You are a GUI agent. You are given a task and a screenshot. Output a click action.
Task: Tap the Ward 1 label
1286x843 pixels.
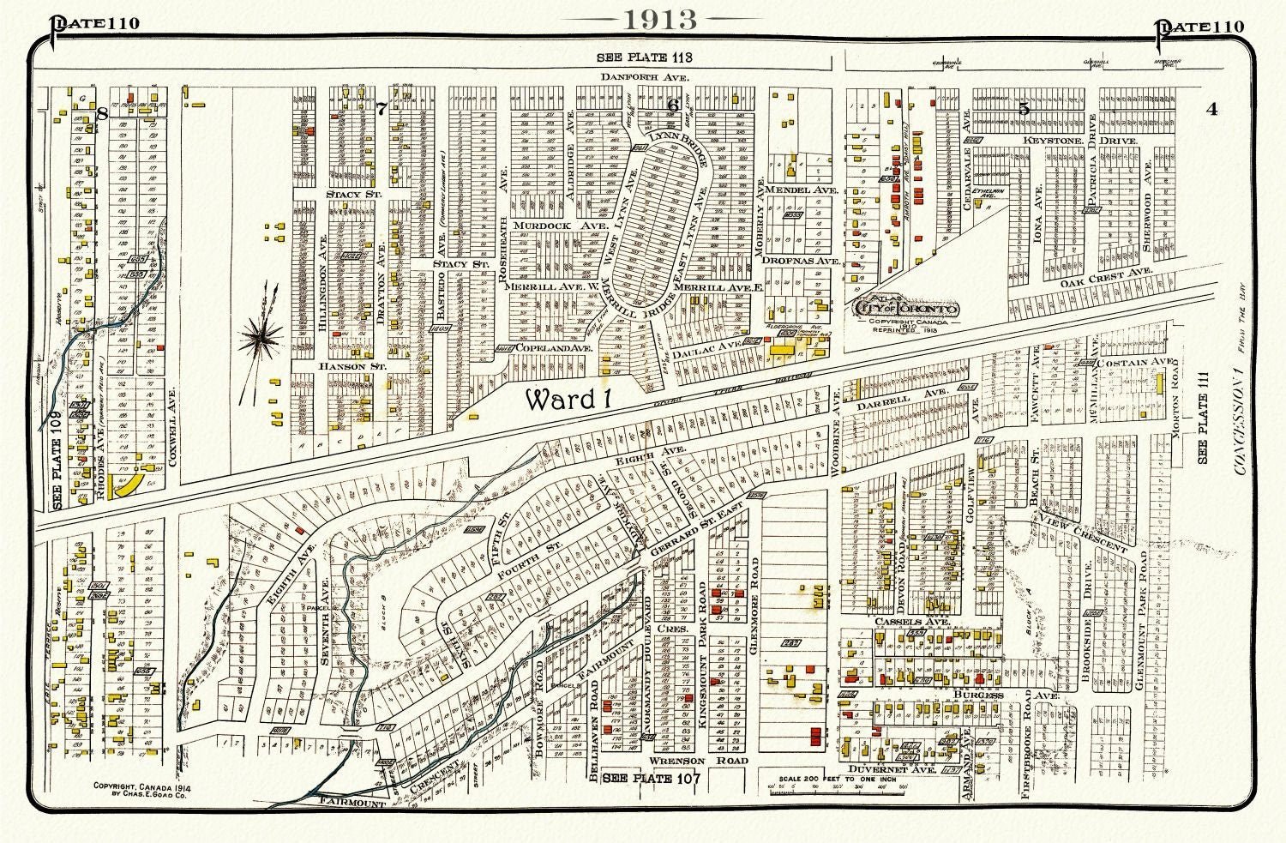coord(571,400)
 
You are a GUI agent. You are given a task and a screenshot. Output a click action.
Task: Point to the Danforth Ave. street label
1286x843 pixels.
coord(645,77)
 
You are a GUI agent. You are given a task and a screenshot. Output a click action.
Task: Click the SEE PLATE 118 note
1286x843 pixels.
coord(644,57)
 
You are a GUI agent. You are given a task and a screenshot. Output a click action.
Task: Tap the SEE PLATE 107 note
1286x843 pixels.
coord(652,779)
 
